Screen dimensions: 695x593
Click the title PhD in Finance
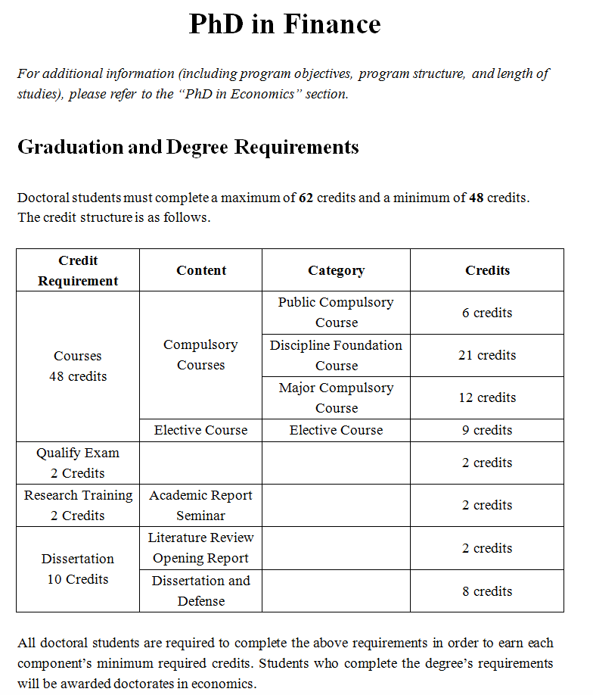(x=284, y=25)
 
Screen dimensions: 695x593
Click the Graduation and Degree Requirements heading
(x=188, y=147)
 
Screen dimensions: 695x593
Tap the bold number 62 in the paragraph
(x=306, y=198)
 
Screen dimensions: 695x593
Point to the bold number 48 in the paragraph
(x=476, y=198)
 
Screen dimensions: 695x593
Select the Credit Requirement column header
(x=78, y=270)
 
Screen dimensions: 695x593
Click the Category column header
(x=336, y=270)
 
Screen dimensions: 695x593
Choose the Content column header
(x=201, y=270)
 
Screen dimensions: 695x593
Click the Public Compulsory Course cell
(x=336, y=312)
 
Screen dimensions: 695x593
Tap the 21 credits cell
(x=487, y=355)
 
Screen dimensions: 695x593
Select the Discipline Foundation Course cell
(x=336, y=355)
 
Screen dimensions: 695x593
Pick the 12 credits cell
(x=487, y=397)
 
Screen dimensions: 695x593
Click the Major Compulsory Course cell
(x=336, y=397)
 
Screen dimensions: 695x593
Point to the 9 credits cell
(x=487, y=430)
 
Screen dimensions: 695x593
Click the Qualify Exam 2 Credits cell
(x=78, y=463)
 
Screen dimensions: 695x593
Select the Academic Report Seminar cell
(x=201, y=505)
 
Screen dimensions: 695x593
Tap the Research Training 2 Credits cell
(x=78, y=505)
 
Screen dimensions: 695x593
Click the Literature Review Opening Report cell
(x=201, y=547)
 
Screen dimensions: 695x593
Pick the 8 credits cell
(x=487, y=591)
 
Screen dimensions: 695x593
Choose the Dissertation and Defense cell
(x=201, y=591)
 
